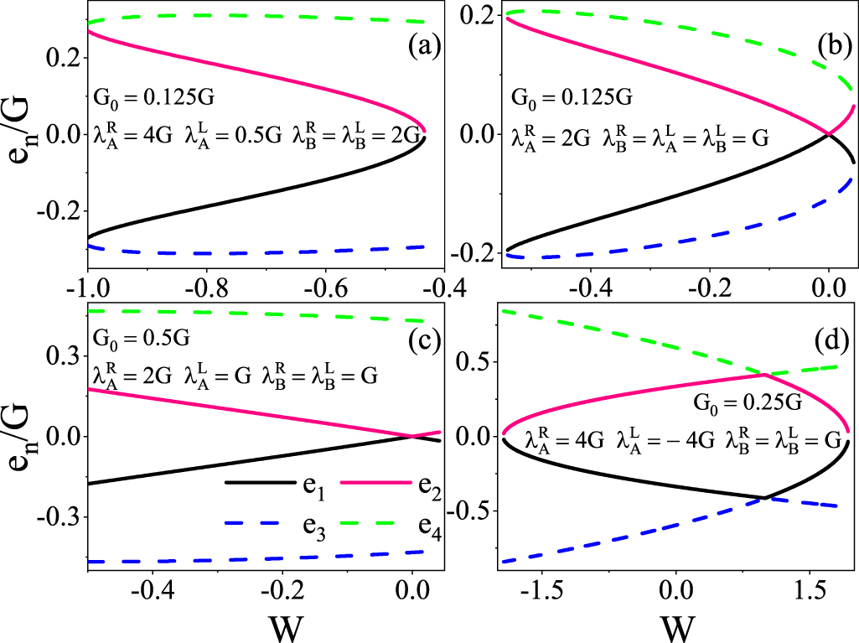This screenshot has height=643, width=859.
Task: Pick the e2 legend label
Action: point(422,484)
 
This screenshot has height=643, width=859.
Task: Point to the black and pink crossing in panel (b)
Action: point(829,134)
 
